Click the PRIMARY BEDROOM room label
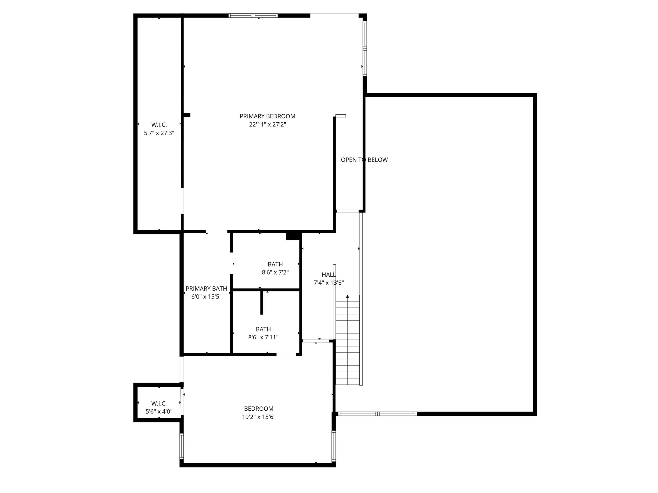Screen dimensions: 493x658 pos(267,116)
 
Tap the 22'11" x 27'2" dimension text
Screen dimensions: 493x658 pos(267,125)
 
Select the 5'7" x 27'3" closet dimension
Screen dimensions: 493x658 pos(159,133)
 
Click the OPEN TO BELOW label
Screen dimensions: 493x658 pos(364,160)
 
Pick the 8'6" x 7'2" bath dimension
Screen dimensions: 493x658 pos(275,272)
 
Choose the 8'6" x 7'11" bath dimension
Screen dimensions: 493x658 pos(263,337)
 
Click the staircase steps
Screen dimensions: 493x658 pos(348,342)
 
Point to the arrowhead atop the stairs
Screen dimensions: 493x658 pos(348,296)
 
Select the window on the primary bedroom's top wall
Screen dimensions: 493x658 pos(253,16)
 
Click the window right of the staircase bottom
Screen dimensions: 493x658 pos(377,414)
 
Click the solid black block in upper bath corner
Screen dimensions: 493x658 pos(293,236)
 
